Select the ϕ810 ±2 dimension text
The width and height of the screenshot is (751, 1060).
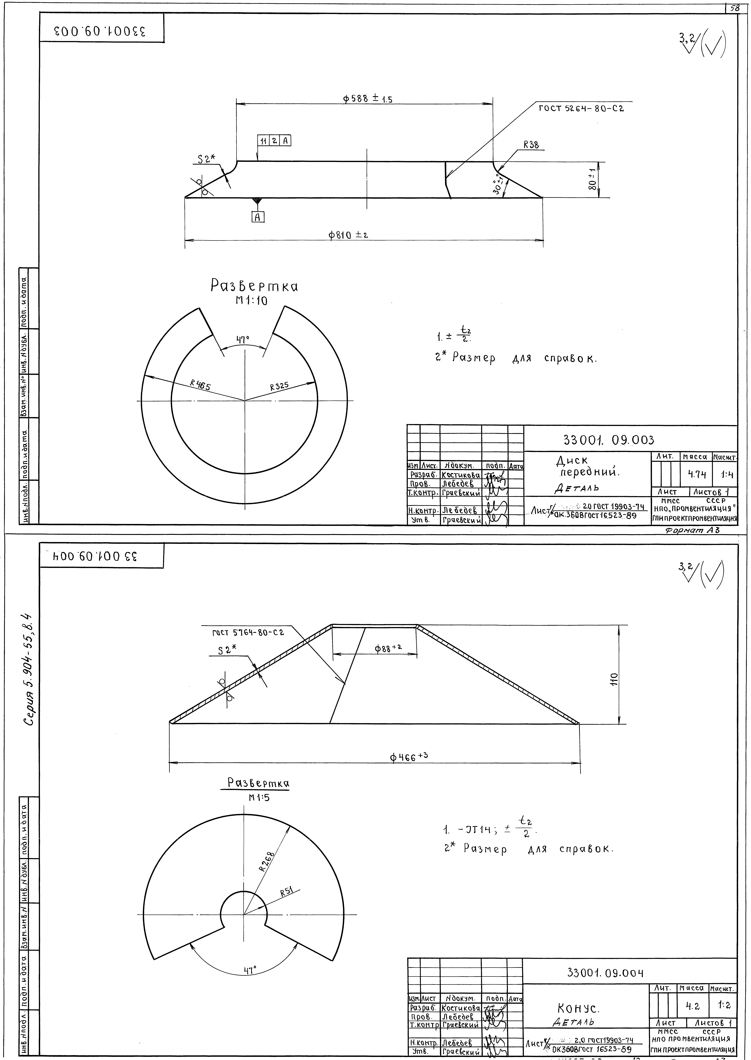pyautogui.click(x=348, y=235)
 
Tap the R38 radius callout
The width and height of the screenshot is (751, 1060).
pyautogui.click(x=531, y=145)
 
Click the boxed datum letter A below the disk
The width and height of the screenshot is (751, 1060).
pyautogui.click(x=258, y=217)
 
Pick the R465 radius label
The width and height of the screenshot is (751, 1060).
pyautogui.click(x=201, y=385)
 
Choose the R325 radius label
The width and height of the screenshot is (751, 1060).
pyautogui.click(x=279, y=386)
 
